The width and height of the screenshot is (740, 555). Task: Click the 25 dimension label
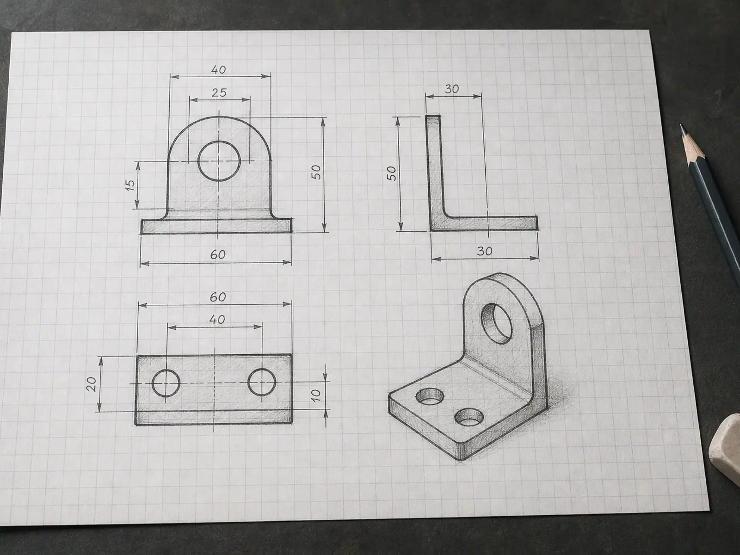(x=219, y=92)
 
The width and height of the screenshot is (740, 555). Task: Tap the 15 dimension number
(x=130, y=185)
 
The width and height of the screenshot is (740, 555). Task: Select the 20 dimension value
(x=92, y=384)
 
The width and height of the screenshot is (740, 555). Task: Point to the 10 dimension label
(x=315, y=395)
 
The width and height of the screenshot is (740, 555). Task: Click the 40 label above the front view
(x=218, y=70)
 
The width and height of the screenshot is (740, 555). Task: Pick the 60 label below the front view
(x=218, y=255)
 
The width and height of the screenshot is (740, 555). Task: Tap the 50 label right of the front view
(x=315, y=172)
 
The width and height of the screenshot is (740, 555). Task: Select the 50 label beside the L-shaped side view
(x=391, y=173)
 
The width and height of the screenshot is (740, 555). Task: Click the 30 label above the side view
(x=452, y=89)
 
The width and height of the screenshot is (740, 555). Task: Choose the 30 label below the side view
(x=484, y=251)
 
